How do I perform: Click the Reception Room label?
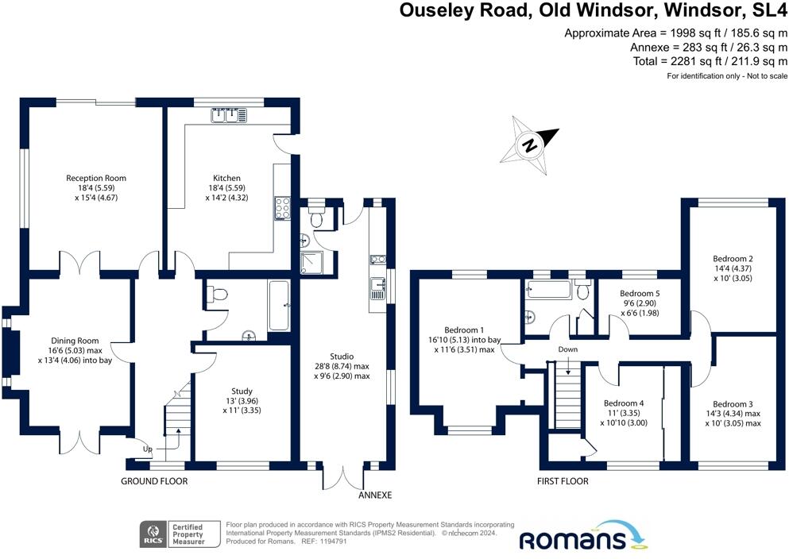coord(96,178)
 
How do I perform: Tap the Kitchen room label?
coord(226,178)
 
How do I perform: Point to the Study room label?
coord(242,391)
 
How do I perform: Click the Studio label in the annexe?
coord(342,357)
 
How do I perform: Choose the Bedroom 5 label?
coord(640,293)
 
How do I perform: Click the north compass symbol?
coord(529,145)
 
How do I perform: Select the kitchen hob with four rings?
coord(282,207)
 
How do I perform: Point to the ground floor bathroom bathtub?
coord(279,306)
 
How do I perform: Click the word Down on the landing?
coord(567,349)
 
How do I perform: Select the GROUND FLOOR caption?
coord(154,482)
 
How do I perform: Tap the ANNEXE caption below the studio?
coord(375,495)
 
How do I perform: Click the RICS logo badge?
coord(152,533)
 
